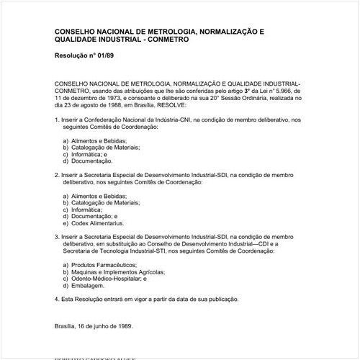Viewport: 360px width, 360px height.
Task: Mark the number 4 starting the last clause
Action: coord(56,299)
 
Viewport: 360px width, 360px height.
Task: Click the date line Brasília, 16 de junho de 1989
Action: coord(94,325)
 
